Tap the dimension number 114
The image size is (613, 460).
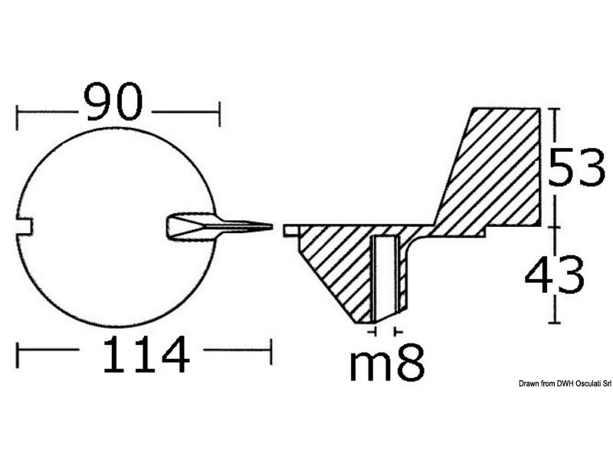146,356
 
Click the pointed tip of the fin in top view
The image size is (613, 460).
270,226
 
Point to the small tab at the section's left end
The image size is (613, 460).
290,228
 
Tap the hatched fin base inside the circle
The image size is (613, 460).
188,226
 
